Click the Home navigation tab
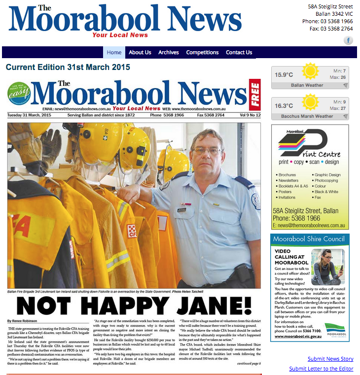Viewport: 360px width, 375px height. click(114, 52)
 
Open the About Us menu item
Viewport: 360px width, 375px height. click(140, 52)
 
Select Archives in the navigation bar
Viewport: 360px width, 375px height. click(169, 52)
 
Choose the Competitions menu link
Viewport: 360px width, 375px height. click(202, 52)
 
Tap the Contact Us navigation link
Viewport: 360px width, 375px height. click(239, 52)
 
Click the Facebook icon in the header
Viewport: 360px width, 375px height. click(348, 40)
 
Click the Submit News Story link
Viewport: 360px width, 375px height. click(330, 359)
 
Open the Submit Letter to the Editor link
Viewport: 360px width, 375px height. click(321, 369)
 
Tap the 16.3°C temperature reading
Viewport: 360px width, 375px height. click(284, 106)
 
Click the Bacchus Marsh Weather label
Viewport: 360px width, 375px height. click(307, 116)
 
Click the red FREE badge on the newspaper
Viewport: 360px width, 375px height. click(255, 94)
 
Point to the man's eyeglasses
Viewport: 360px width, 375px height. click(207, 150)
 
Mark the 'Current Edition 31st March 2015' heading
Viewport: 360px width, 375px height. click(68, 67)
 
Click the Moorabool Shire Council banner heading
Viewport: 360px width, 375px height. click(310, 239)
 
